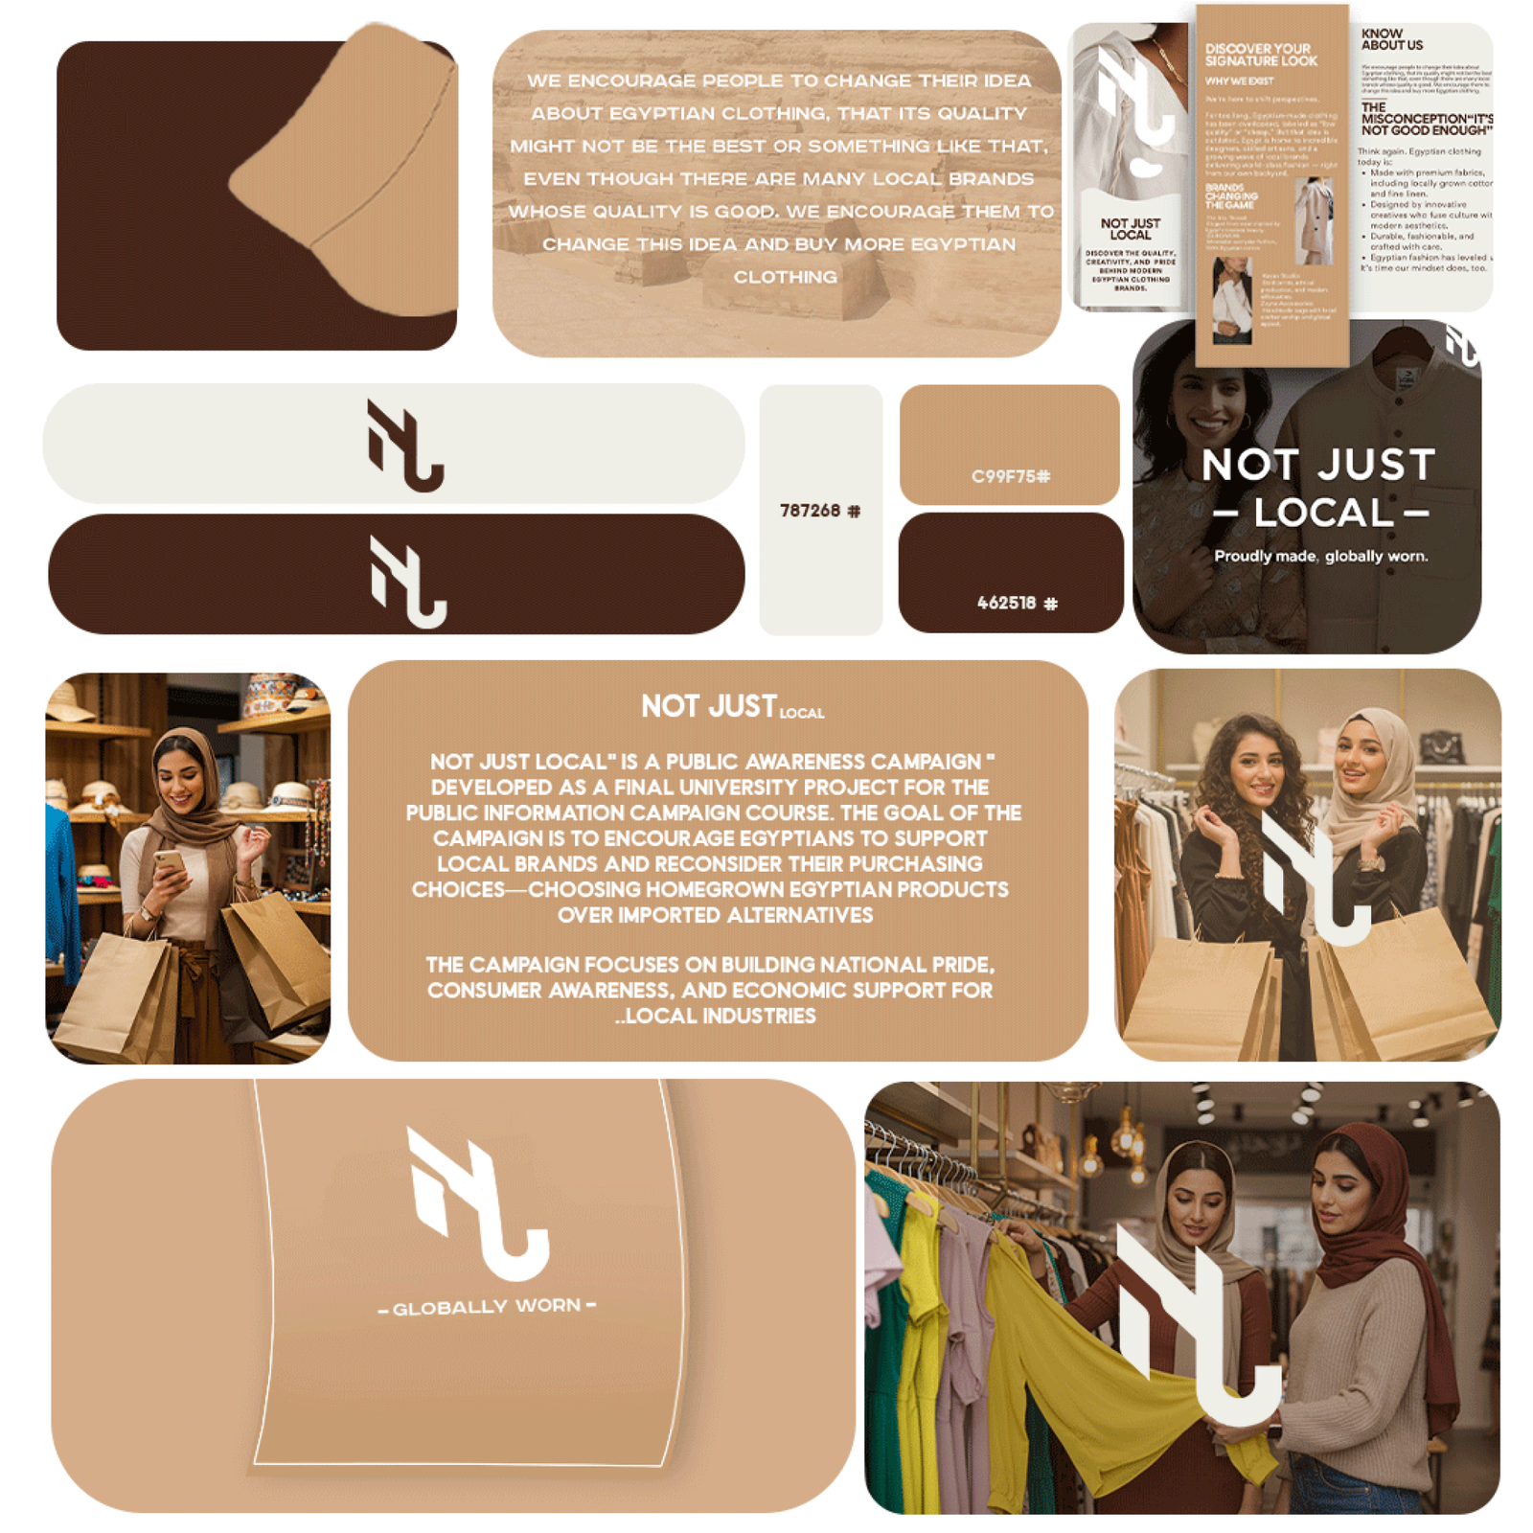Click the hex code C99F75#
tap(1010, 476)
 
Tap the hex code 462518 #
tap(1017, 603)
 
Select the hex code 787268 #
tap(819, 511)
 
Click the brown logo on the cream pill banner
tap(404, 446)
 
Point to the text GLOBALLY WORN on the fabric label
tap(487, 1307)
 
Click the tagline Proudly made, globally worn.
tap(1320, 556)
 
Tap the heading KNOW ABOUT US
tap(1391, 39)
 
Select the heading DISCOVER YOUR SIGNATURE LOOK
tap(1260, 55)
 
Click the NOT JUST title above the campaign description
tap(709, 706)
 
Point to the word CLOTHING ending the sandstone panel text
tap(785, 277)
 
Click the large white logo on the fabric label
tap(477, 1202)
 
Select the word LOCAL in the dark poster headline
tap(1322, 513)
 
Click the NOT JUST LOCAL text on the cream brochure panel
tap(1130, 229)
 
